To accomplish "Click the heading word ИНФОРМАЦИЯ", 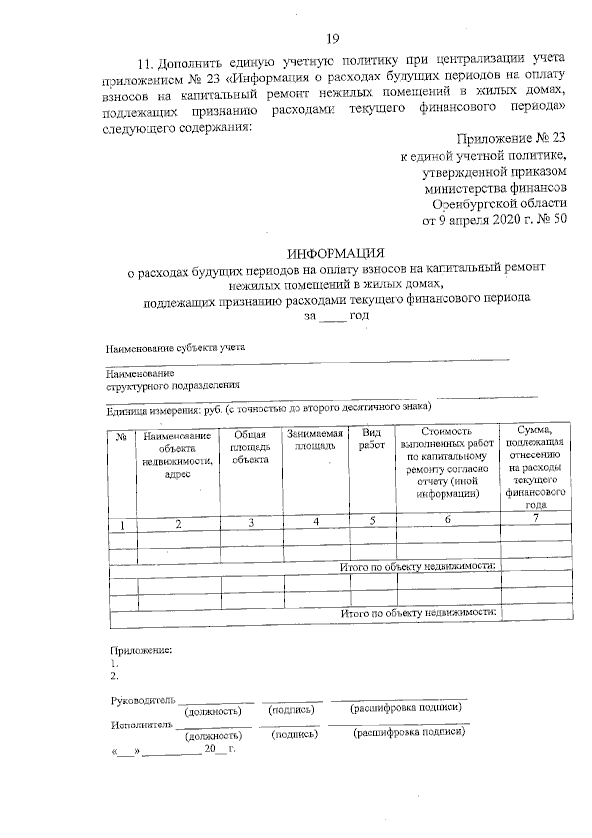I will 336,253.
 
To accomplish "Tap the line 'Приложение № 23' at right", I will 511,138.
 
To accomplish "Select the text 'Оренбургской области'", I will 499,203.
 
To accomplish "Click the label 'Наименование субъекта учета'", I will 176,348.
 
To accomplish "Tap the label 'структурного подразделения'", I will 173,386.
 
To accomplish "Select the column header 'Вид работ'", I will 371,439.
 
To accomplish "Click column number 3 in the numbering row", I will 251,523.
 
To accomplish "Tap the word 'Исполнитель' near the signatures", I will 142,725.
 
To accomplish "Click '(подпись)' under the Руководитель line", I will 291,710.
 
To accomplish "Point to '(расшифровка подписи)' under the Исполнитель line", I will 409,732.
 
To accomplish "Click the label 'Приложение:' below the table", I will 141,650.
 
